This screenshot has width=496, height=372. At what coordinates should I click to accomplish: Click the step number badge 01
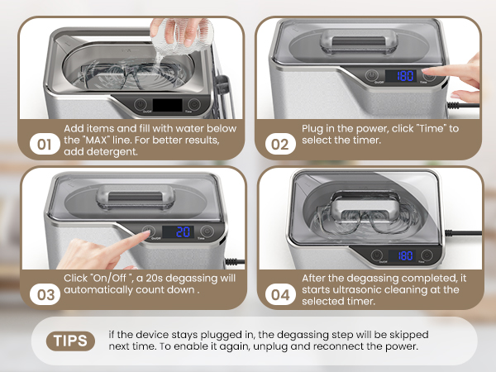(x=45, y=144)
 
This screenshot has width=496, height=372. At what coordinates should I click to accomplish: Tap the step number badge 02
(x=280, y=144)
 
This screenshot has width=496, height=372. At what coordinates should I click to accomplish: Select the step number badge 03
(x=45, y=294)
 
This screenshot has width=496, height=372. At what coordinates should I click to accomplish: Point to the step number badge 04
(x=280, y=294)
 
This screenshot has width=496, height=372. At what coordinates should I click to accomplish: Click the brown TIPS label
(x=70, y=341)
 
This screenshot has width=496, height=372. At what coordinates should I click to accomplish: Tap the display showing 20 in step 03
(x=178, y=231)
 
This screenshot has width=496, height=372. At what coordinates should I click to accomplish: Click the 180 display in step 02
(x=401, y=76)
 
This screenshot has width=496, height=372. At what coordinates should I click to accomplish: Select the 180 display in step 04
(x=402, y=255)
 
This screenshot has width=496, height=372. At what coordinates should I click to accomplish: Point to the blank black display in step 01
(x=167, y=105)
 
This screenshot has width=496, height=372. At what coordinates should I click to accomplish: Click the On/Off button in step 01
(x=141, y=104)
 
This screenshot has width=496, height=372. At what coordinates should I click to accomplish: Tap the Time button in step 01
(x=194, y=104)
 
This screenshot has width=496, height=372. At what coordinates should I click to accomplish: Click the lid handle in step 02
(x=359, y=41)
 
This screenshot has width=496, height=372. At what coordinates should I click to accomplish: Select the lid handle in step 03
(x=136, y=197)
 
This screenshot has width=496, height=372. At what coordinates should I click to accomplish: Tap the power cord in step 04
(x=463, y=233)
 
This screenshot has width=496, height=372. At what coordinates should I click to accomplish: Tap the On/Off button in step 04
(x=377, y=255)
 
